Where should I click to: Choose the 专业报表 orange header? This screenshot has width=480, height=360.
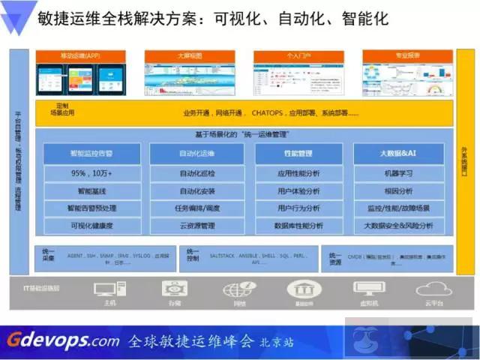point(407,55)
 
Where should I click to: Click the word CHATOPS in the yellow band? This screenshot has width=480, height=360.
point(266,114)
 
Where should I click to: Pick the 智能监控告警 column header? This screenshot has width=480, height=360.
point(91,154)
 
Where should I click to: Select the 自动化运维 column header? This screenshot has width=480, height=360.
point(197,154)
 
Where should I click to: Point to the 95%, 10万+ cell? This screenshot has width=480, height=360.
point(91,173)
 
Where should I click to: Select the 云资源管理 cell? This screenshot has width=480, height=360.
point(197,226)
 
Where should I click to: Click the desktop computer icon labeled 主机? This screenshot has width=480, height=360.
point(109,289)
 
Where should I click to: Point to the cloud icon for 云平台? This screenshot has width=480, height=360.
point(433,289)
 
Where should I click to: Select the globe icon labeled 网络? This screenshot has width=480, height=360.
point(239,289)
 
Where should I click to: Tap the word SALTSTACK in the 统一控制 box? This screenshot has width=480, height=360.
point(225,254)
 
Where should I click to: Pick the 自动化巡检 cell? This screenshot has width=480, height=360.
point(197,173)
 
